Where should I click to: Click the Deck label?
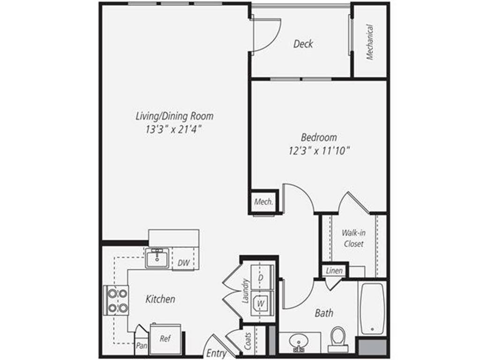point(303,44)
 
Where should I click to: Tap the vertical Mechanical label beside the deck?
point(370,42)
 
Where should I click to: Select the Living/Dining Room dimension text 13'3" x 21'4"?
point(174,129)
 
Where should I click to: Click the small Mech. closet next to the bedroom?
point(263,202)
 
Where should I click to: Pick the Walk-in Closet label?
point(353,238)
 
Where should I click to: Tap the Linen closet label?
point(334,271)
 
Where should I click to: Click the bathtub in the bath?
point(372,308)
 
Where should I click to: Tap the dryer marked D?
point(260,277)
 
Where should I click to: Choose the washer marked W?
point(260,303)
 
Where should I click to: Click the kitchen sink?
point(157,258)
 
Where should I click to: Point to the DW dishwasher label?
point(184,263)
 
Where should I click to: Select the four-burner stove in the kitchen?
point(116,300)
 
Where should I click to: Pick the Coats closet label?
point(248,341)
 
